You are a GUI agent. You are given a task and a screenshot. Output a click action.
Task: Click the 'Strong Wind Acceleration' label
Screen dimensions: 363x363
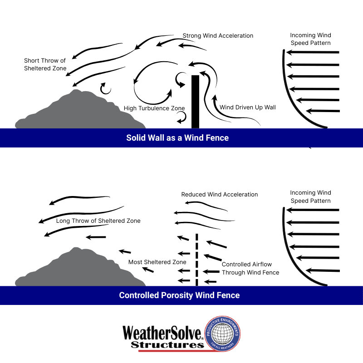pos(218,36)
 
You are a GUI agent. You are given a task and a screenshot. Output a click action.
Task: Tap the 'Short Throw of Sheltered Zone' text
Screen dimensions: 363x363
pos(45,64)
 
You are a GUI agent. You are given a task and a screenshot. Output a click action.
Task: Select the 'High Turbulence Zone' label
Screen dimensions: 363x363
pos(154,108)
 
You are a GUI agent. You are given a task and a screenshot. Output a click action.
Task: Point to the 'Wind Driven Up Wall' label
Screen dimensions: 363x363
pos(247,108)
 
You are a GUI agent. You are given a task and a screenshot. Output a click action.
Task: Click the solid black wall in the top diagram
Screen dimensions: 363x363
pos(195,102)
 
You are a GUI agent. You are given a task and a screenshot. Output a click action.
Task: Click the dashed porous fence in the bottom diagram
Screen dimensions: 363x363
pos(197,260)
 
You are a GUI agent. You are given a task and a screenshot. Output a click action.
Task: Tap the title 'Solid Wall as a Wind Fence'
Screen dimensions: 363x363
pos(177,138)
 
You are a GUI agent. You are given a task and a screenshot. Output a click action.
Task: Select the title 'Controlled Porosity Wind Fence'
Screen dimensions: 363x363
pos(179,295)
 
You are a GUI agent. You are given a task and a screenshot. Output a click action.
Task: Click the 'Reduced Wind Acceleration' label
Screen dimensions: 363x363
pos(220,195)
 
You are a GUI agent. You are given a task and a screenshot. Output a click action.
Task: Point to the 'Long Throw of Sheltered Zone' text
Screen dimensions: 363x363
pos(98,221)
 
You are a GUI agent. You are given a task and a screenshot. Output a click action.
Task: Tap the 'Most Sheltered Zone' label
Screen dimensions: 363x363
pos(157,262)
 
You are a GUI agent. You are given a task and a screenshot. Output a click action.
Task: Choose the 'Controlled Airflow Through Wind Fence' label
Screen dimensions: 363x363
pos(250,268)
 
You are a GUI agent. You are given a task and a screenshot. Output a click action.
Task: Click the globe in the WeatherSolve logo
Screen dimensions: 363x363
pos(222,334)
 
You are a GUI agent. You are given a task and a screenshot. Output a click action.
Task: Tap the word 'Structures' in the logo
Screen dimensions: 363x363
pos(167,345)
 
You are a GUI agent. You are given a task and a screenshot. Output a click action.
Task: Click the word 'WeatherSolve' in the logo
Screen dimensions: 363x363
pos(162,333)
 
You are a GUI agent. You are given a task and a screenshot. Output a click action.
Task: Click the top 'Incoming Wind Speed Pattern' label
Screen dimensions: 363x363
pos(311,39)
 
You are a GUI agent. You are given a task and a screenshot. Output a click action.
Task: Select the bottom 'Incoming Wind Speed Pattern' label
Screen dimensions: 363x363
pos(311,197)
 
